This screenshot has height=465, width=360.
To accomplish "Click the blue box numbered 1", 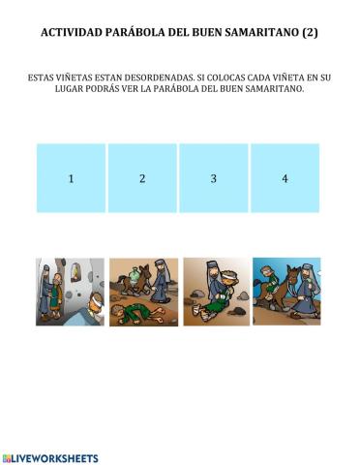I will tap(71, 178).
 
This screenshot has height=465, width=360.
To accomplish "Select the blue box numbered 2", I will tap(142, 178).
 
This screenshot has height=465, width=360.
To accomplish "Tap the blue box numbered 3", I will tap(214, 178).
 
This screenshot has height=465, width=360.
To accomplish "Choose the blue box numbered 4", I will tap(285, 178).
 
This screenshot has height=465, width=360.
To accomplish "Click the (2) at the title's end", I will tap(310, 33).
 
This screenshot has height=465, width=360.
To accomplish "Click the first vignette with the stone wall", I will tap(71, 292).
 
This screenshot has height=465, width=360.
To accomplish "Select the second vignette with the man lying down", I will tap(142, 292).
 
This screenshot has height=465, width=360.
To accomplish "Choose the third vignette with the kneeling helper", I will tap(215, 292).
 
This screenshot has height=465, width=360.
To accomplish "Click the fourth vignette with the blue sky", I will tap(286, 292).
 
